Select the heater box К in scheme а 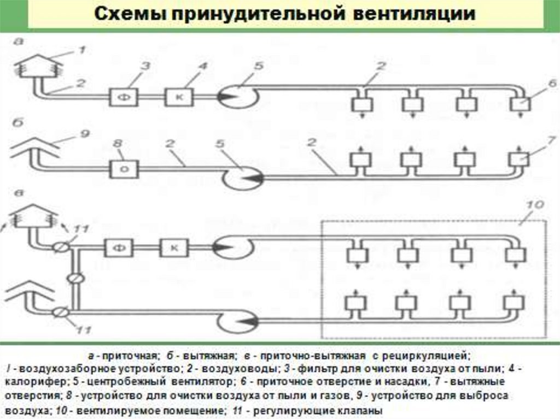pos(178,97)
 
